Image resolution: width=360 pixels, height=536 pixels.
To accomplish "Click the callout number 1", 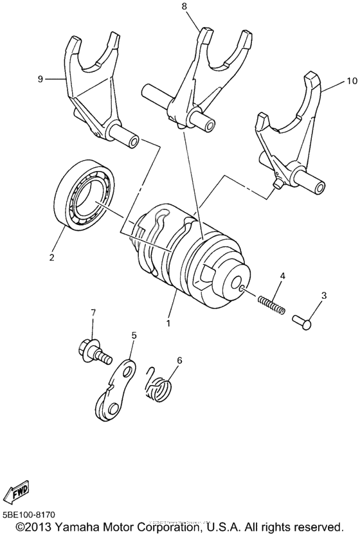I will [x=168, y=323].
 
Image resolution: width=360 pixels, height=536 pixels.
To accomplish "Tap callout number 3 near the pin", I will [x=323, y=295].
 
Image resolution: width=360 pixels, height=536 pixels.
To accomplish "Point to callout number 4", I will [x=281, y=276].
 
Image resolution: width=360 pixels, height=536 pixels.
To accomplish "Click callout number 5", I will [x=134, y=335].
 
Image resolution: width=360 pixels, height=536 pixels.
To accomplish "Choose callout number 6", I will [x=179, y=360].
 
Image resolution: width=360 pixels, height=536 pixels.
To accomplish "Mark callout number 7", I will [x=93, y=312].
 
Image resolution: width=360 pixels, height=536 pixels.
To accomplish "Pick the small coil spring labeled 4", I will [x=271, y=303].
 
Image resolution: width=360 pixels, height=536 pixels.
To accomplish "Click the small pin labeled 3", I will [x=303, y=317].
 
